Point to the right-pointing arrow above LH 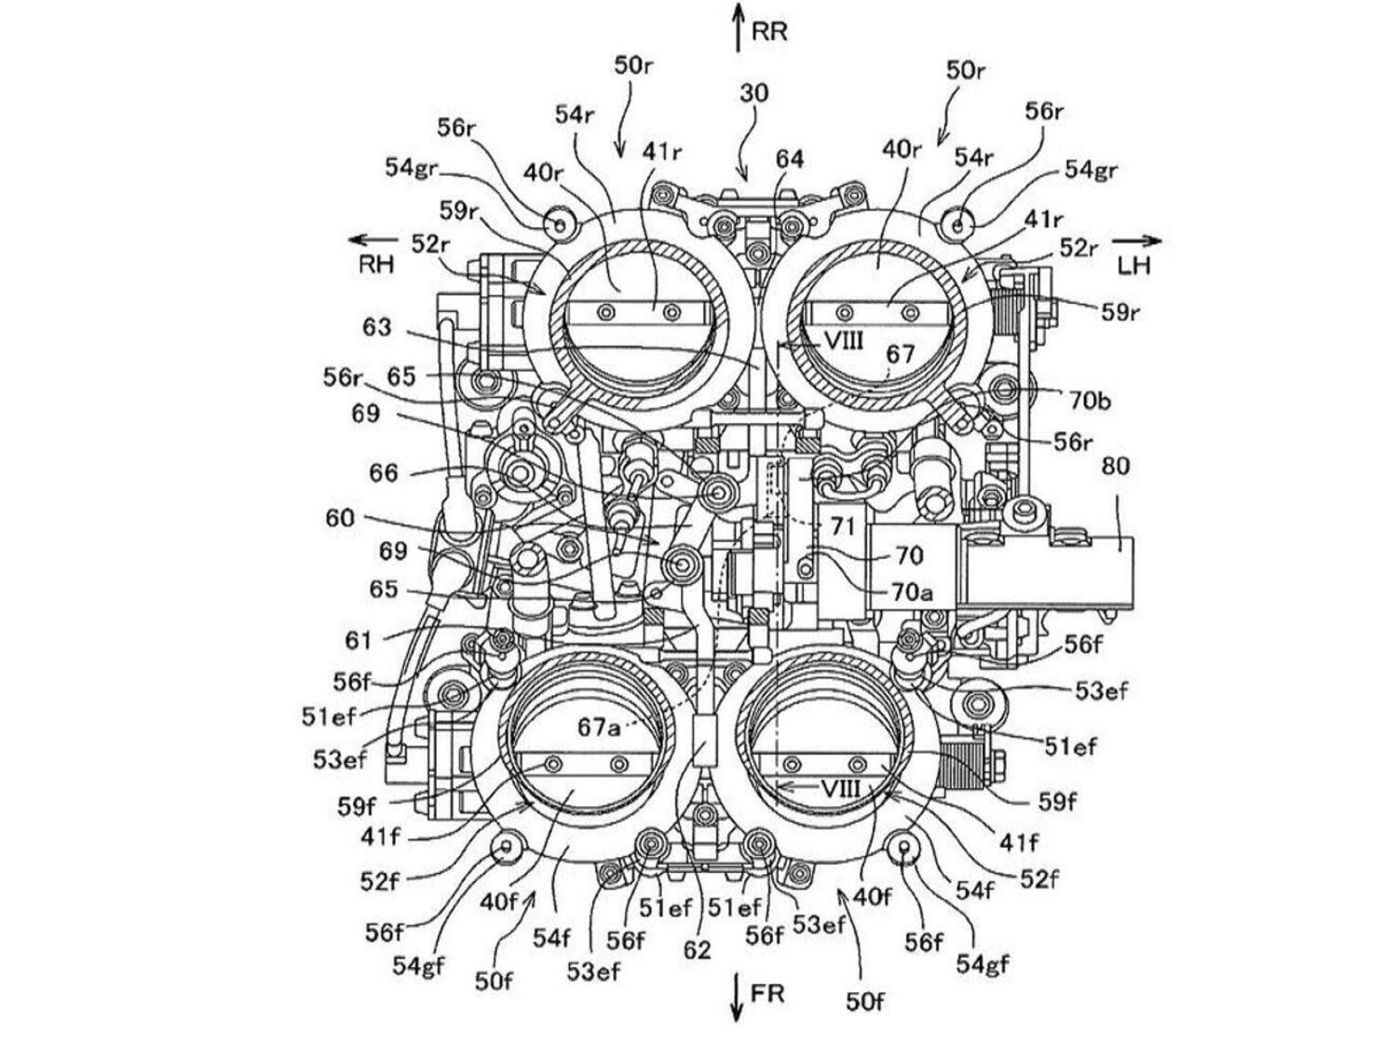[1138, 240]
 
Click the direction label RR [769, 31]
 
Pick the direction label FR [767, 994]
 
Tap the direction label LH [1133, 266]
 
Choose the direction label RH [376, 265]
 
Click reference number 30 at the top [754, 93]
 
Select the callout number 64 [790, 159]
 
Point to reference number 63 [377, 327]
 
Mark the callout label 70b [1090, 401]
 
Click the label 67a [599, 728]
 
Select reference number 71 [843, 526]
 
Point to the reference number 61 [359, 640]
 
